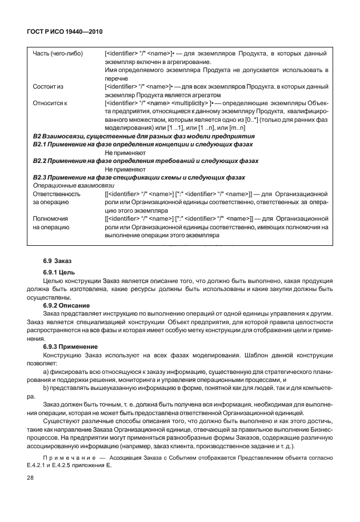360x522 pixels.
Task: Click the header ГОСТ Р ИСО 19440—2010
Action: (x=64, y=31)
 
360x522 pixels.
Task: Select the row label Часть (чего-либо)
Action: (x=58, y=54)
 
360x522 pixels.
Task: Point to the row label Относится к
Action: (x=50, y=103)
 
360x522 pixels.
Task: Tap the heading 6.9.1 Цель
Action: (x=58, y=272)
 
